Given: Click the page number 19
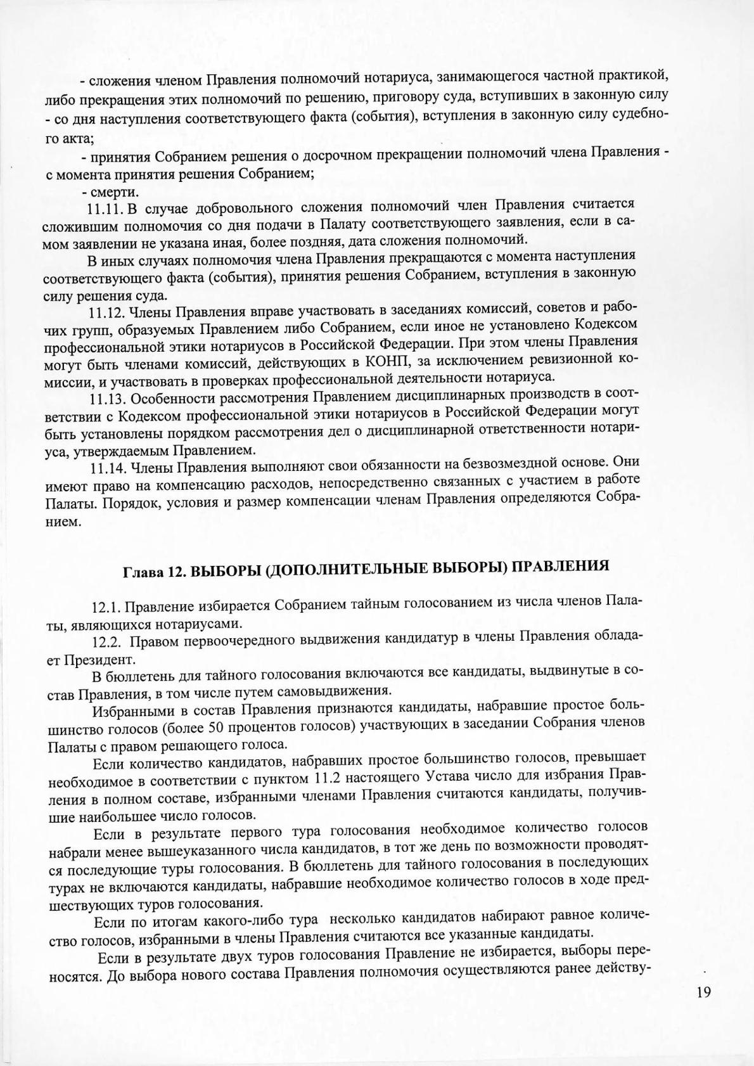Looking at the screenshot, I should click(703, 992).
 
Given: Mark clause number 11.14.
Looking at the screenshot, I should click(109, 469).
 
